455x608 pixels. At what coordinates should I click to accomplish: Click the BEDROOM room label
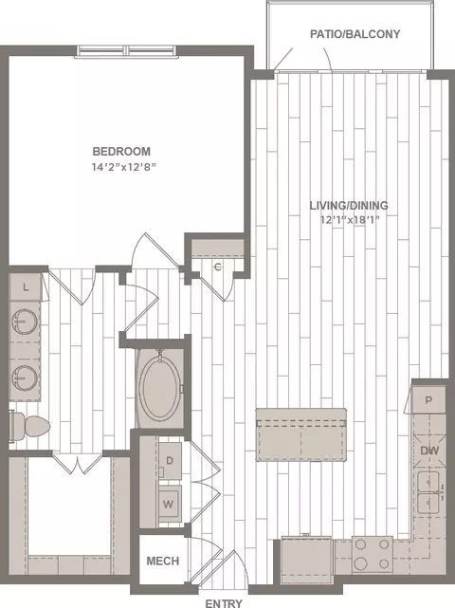(121, 151)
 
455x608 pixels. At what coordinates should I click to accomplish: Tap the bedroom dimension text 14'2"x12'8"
(123, 167)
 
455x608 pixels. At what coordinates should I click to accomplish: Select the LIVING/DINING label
(349, 205)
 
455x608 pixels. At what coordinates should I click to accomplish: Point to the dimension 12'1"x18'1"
(350, 220)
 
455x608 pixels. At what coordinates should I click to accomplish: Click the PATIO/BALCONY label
(355, 34)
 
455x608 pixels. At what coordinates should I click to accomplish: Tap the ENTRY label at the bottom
(224, 603)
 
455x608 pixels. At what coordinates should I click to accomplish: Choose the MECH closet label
(163, 561)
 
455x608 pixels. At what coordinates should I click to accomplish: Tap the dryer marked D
(170, 461)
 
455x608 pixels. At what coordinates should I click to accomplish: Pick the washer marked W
(169, 504)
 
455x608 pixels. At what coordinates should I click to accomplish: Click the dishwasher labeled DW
(429, 451)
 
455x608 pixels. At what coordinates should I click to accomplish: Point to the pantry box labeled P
(428, 399)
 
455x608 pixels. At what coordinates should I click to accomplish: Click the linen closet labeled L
(26, 287)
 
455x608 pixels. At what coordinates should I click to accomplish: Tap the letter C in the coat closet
(218, 267)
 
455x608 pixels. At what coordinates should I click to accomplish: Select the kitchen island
(301, 434)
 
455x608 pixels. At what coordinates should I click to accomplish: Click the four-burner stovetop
(373, 555)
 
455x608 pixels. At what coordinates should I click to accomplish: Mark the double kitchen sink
(428, 492)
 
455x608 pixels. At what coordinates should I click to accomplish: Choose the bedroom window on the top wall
(127, 51)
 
